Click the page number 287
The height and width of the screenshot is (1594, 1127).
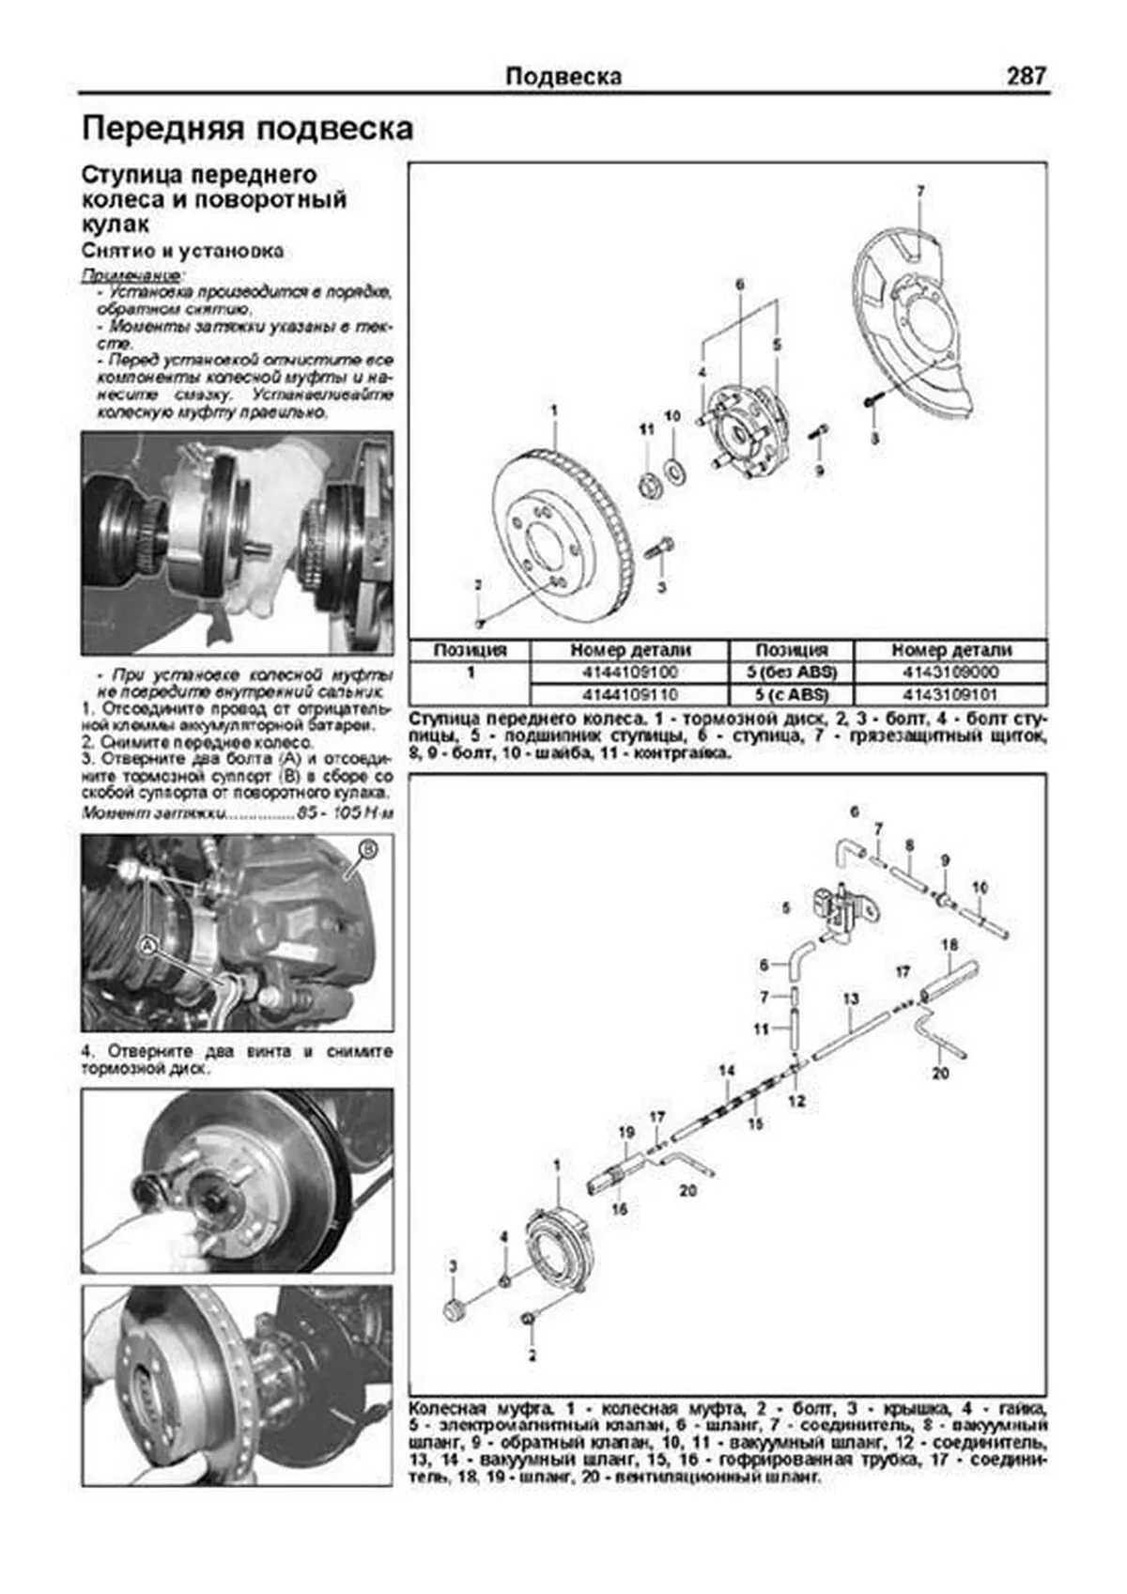(x=1026, y=76)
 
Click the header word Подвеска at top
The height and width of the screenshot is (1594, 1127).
(x=563, y=76)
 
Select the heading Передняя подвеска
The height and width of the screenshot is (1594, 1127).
(x=247, y=129)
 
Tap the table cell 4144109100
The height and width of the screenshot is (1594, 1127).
(x=629, y=673)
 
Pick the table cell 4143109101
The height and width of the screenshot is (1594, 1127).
(x=950, y=695)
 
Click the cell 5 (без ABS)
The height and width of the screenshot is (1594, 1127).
(x=791, y=673)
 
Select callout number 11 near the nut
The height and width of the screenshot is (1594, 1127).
(x=646, y=429)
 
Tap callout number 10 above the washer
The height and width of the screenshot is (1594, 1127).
(x=672, y=416)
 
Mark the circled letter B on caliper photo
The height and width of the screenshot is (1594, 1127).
(x=368, y=850)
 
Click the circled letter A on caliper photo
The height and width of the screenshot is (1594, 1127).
(x=148, y=948)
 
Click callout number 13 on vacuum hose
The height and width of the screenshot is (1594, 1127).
(x=851, y=998)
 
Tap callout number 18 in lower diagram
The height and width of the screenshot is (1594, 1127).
(x=949, y=945)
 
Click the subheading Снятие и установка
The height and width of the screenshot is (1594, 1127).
(x=182, y=252)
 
